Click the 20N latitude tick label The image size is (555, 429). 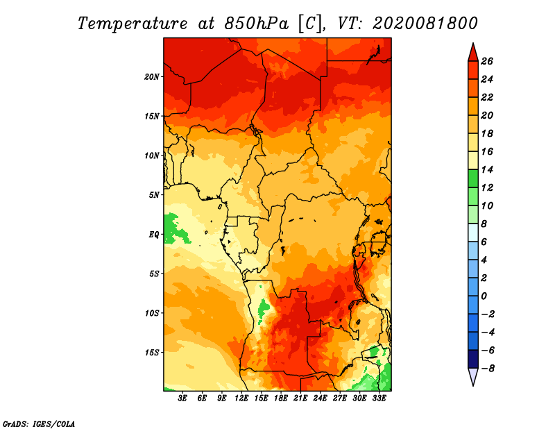152,77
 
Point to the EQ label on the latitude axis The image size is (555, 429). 153,235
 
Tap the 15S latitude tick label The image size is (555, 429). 152,353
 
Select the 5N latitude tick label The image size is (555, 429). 154,195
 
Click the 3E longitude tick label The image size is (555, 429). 182,398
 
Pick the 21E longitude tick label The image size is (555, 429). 300,398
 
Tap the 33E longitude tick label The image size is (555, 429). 379,398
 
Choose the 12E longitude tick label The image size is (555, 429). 241,398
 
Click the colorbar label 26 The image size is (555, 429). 487,61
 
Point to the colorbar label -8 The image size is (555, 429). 488,369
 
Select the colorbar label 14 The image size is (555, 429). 487,169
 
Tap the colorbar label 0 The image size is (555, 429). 484,296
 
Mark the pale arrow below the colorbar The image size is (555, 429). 473,376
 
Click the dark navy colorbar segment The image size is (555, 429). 473,359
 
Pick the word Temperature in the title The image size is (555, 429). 133,24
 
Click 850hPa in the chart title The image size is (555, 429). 256,24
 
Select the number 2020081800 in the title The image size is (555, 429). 425,24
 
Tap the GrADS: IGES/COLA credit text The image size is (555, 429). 39,424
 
